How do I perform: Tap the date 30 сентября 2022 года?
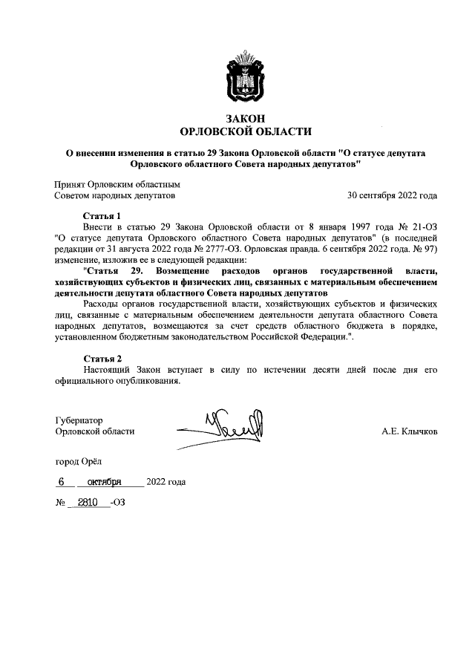point(392,196)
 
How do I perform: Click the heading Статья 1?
point(102,216)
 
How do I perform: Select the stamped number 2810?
point(88,503)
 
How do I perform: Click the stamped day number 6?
point(62,481)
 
